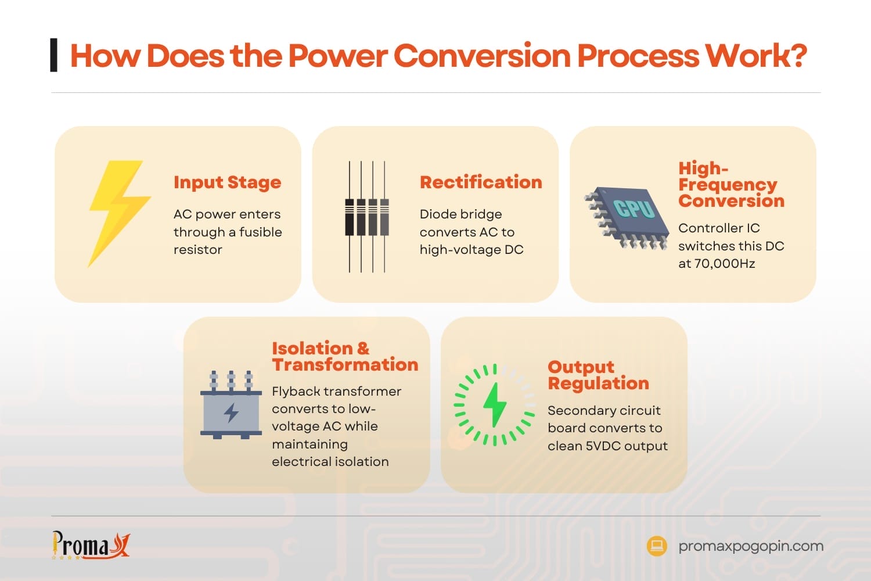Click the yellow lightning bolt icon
(x=119, y=213)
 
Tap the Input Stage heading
(x=227, y=182)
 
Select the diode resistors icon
(x=367, y=217)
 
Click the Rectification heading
(x=481, y=182)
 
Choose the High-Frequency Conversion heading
(x=731, y=185)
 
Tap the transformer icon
(x=231, y=405)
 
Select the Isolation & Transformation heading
(x=345, y=356)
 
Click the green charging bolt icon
(x=494, y=405)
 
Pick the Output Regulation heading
(x=598, y=375)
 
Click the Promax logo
(x=91, y=545)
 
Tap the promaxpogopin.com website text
(x=751, y=546)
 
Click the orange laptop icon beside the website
(x=657, y=546)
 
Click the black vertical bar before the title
(x=54, y=55)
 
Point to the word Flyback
(x=297, y=392)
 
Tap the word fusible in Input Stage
(x=260, y=232)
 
